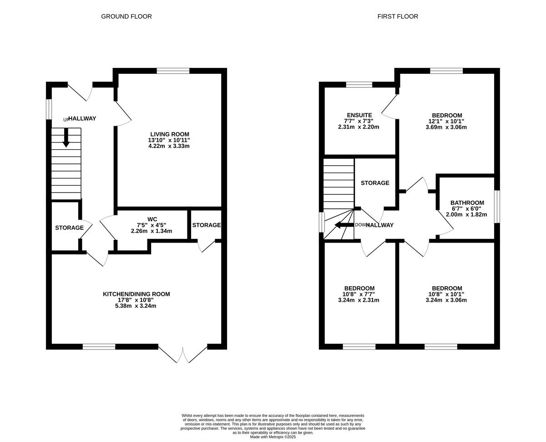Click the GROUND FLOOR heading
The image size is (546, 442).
[x=126, y=16]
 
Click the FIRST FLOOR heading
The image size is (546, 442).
[x=397, y=16]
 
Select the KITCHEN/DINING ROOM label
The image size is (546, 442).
[x=136, y=294]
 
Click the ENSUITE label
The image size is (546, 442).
[x=359, y=115]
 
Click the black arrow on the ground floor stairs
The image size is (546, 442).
[x=66, y=137]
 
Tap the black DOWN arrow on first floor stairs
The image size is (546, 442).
[x=344, y=224]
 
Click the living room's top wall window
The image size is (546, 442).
[x=173, y=71]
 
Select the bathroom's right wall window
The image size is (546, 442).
[x=497, y=207]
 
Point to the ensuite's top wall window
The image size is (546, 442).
[x=359, y=84]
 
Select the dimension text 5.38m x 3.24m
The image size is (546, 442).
[x=136, y=306]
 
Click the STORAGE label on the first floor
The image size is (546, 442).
[x=375, y=183]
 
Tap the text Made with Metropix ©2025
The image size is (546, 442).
[x=273, y=437]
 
